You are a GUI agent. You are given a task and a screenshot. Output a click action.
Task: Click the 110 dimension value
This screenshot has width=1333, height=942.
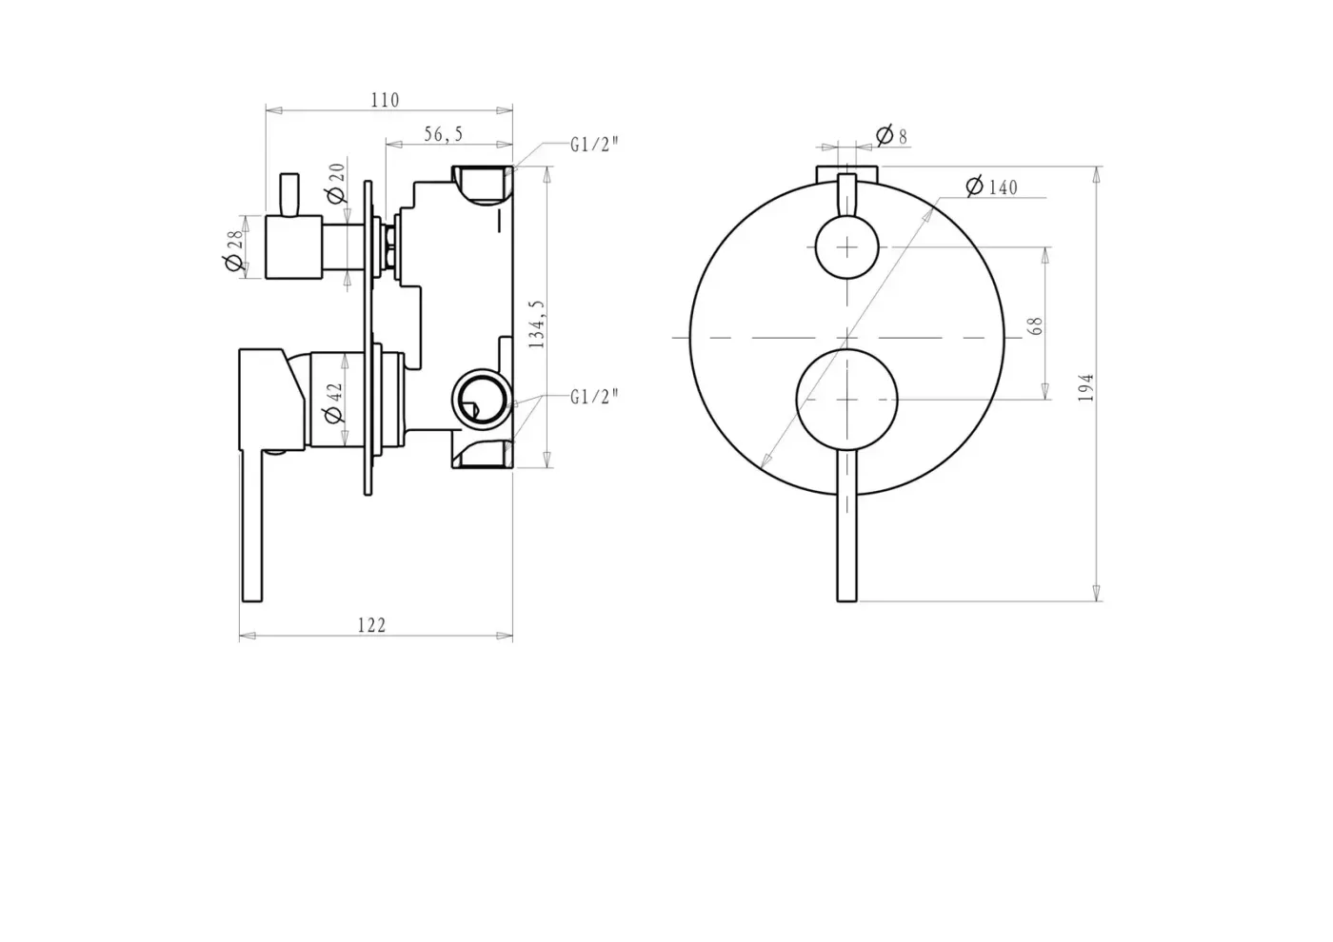[385, 100]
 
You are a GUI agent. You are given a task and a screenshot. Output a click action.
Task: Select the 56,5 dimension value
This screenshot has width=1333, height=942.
[444, 134]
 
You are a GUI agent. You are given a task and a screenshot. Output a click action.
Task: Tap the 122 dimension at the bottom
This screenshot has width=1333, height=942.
[371, 625]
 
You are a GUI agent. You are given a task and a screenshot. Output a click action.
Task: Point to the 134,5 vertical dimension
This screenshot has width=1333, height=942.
[536, 324]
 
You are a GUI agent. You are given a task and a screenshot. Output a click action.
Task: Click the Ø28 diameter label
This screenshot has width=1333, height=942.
[235, 250]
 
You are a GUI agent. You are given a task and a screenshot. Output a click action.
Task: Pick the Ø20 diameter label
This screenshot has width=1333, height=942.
[337, 183]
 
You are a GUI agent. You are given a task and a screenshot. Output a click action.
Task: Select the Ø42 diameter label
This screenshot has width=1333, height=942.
[335, 402]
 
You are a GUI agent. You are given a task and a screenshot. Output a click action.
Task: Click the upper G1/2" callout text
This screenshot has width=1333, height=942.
[594, 145]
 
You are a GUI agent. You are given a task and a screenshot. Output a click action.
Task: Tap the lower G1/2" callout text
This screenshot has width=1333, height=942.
[594, 397]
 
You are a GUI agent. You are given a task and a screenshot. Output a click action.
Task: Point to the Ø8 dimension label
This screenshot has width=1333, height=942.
[892, 135]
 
